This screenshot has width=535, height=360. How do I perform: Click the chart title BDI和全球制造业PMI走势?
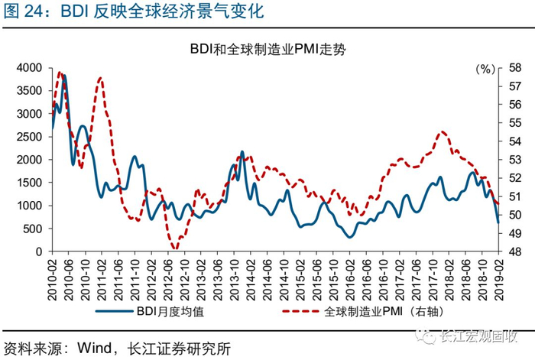click(x=267, y=50)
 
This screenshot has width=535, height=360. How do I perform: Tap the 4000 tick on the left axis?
click(x=29, y=68)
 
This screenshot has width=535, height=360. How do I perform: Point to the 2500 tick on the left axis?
click(x=29, y=137)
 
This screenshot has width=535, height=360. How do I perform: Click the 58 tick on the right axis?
click(x=515, y=68)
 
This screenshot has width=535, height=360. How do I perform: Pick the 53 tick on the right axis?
click(x=515, y=160)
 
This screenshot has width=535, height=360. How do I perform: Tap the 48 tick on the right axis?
click(x=515, y=251)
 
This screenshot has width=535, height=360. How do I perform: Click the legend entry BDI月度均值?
click(x=150, y=311)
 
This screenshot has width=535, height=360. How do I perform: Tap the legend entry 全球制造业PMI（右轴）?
click(x=363, y=311)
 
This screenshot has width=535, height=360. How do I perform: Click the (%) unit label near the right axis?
click(x=485, y=70)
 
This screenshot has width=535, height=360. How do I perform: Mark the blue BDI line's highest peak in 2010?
click(x=63, y=76)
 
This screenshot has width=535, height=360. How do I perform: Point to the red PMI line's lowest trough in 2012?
click(x=175, y=248)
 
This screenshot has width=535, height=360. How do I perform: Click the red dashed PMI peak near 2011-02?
click(x=100, y=78)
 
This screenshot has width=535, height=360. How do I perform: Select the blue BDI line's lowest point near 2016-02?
click(x=350, y=237)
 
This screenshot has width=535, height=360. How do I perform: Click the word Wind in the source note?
click(x=95, y=349)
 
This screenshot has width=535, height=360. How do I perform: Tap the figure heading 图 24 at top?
click(x=23, y=11)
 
